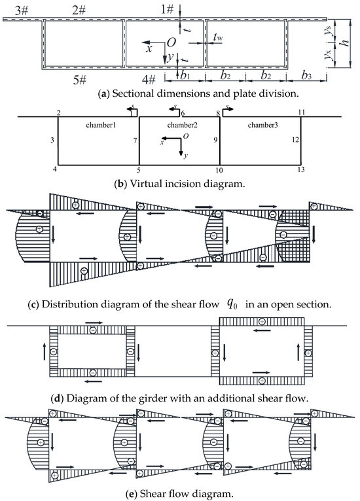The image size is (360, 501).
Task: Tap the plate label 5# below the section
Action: (x=80, y=80)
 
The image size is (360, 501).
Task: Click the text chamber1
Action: (x=100, y=124)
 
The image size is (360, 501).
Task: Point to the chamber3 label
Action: (x=260, y=124)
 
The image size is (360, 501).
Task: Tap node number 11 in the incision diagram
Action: (x=300, y=112)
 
